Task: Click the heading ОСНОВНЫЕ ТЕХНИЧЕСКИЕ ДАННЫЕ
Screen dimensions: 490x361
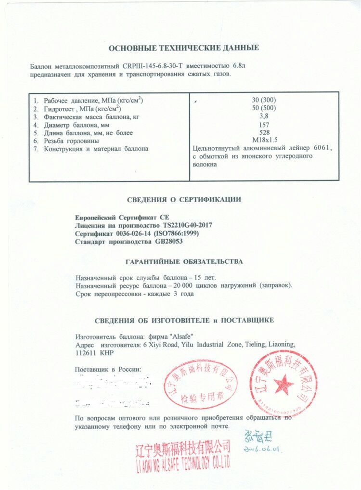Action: pos(184,48)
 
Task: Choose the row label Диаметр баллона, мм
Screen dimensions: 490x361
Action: pos(77,124)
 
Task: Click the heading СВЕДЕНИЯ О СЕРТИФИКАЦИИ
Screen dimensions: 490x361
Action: pos(184,199)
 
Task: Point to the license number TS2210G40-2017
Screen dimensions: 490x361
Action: pos(185,225)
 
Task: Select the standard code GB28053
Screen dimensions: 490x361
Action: pos(169,241)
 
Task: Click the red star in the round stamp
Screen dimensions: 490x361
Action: pos(284,384)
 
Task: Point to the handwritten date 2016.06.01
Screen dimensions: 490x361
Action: pos(262,449)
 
